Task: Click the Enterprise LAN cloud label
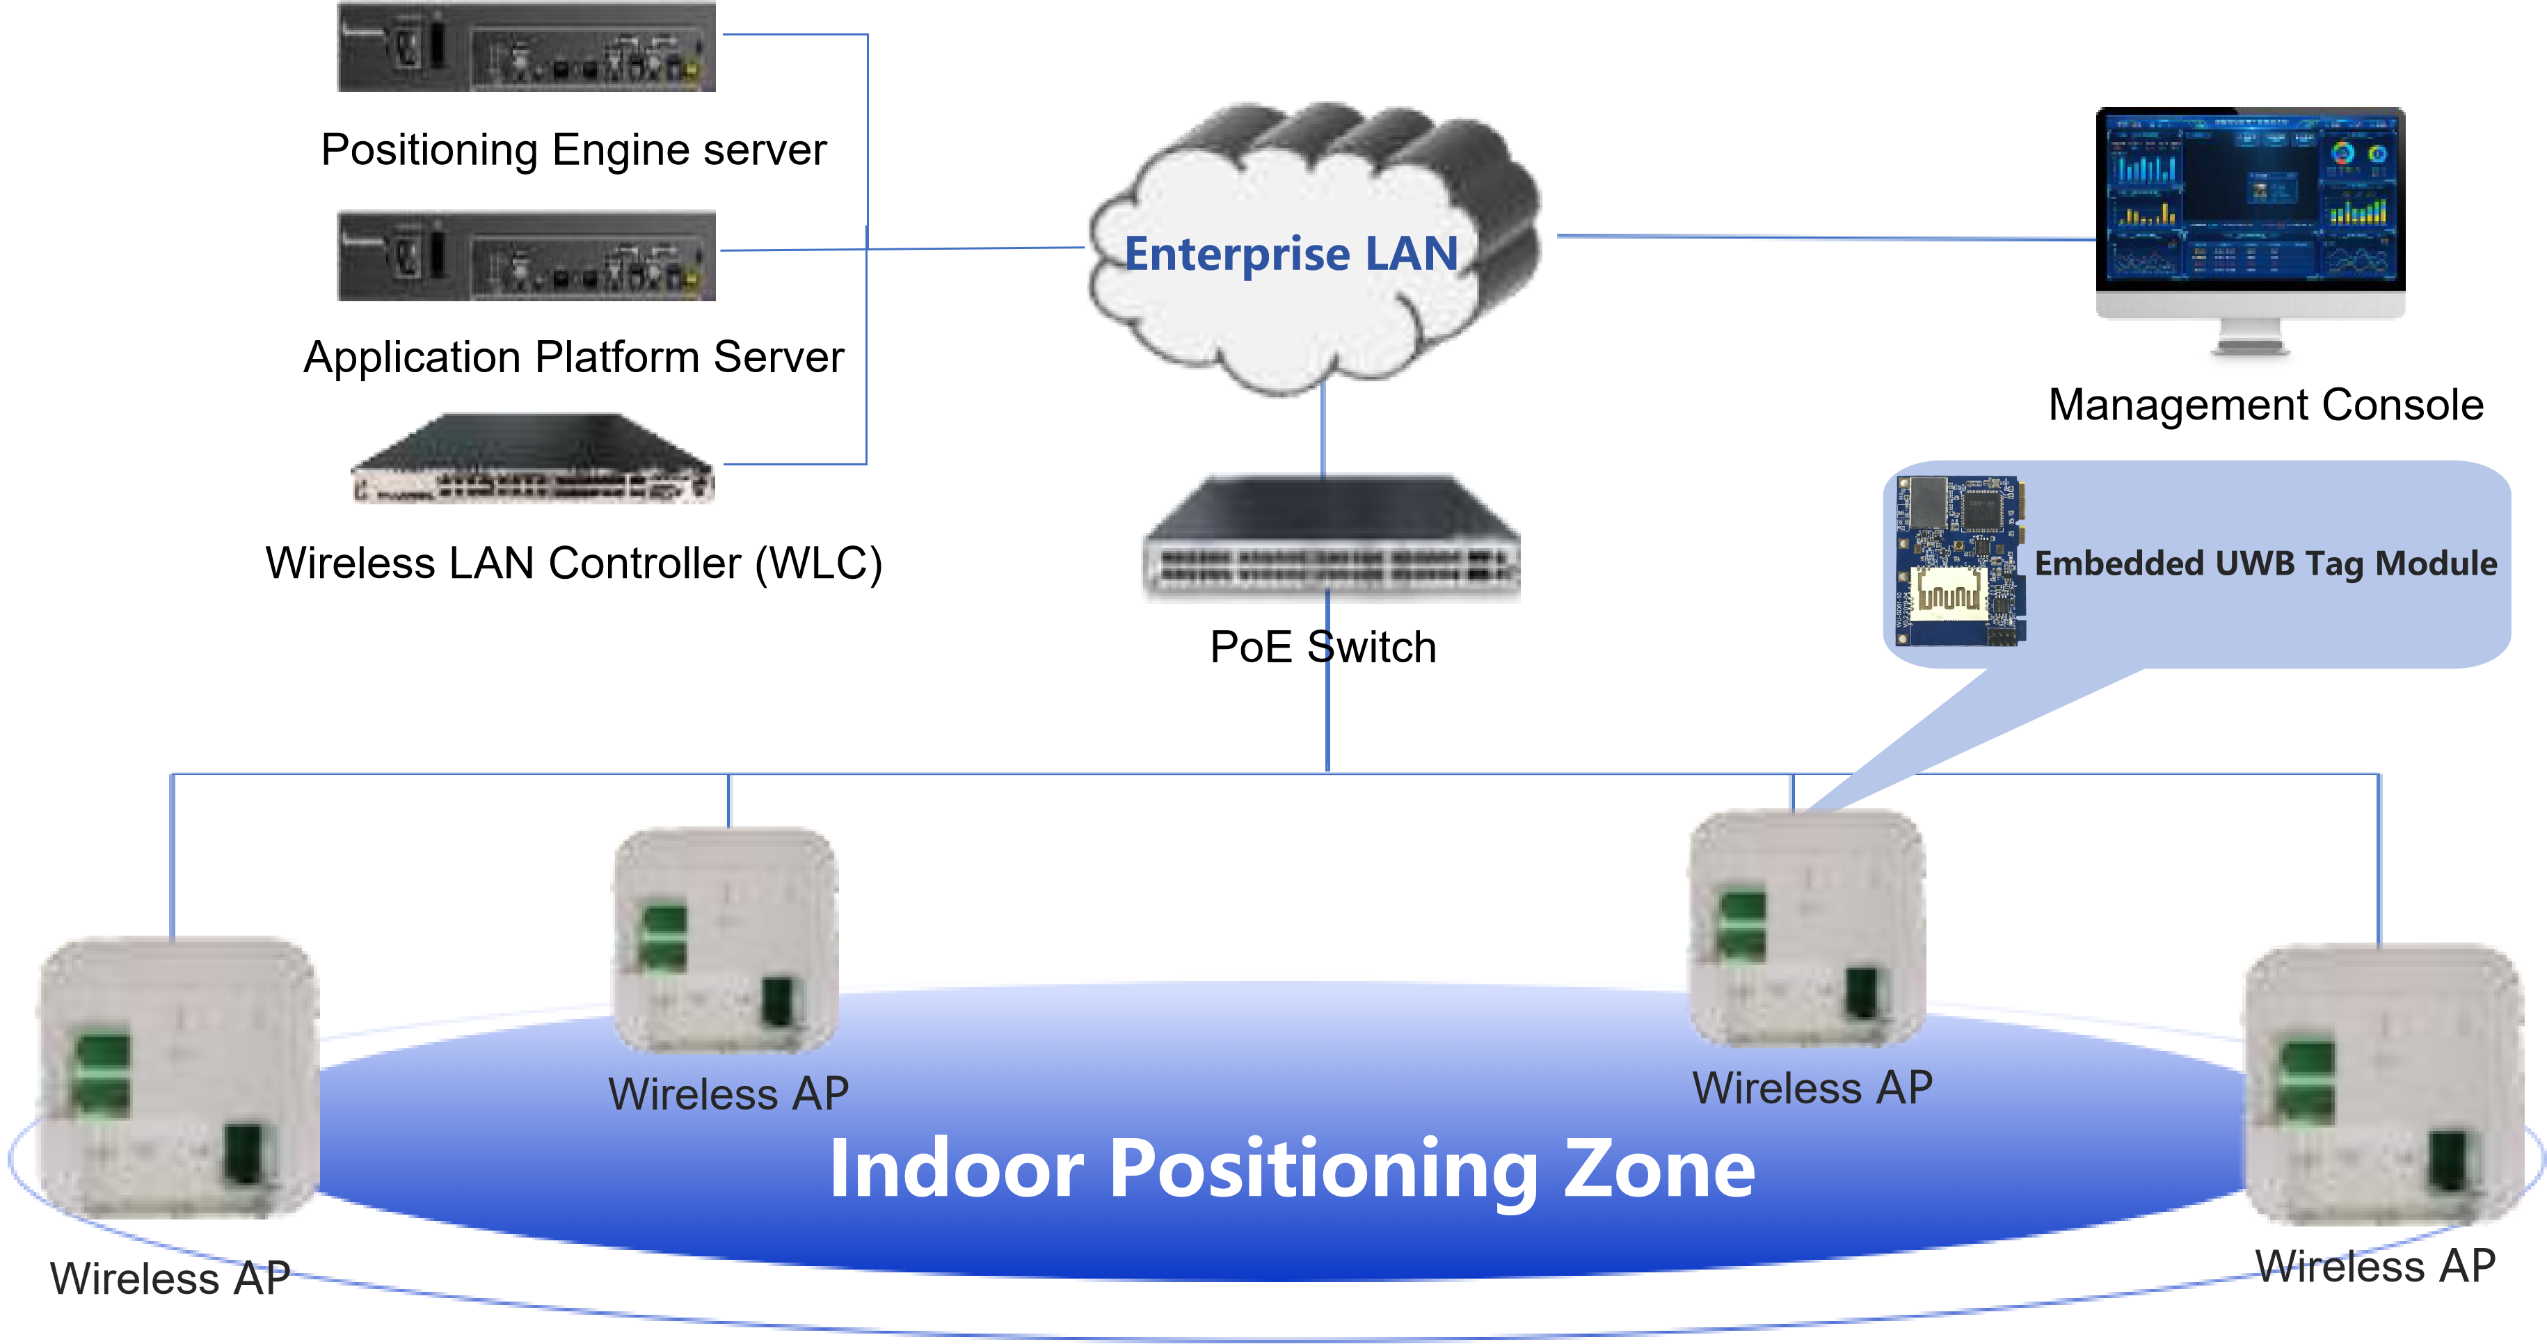click(1291, 254)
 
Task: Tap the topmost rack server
click(526, 47)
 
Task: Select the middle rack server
click(526, 255)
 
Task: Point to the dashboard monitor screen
click(2251, 198)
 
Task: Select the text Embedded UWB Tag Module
click(2265, 563)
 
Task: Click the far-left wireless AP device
click(177, 1078)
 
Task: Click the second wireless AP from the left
click(726, 940)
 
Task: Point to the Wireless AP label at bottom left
click(169, 1279)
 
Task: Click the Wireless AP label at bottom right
click(2375, 1267)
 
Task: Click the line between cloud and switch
click(1323, 430)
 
